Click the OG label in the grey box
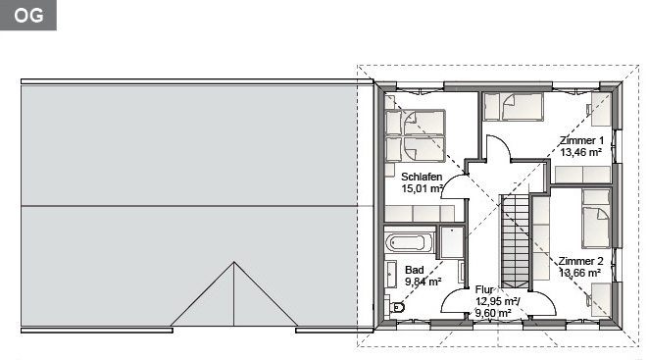[x=28, y=16]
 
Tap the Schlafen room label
[x=422, y=177]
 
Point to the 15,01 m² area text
[x=422, y=189]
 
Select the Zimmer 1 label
[x=581, y=140]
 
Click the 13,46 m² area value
[x=580, y=152]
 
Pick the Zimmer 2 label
[x=580, y=261]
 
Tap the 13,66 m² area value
[x=579, y=273]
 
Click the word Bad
[x=415, y=270]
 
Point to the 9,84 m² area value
[x=423, y=282]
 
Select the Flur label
[x=484, y=289]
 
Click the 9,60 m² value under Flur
[x=493, y=313]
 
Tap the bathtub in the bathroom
[x=410, y=242]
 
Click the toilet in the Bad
[x=397, y=307]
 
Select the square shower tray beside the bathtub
[x=452, y=241]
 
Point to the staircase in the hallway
[x=516, y=241]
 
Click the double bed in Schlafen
[x=415, y=135]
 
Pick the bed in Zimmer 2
[x=596, y=219]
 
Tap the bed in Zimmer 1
[x=513, y=107]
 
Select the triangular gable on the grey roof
[x=234, y=294]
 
